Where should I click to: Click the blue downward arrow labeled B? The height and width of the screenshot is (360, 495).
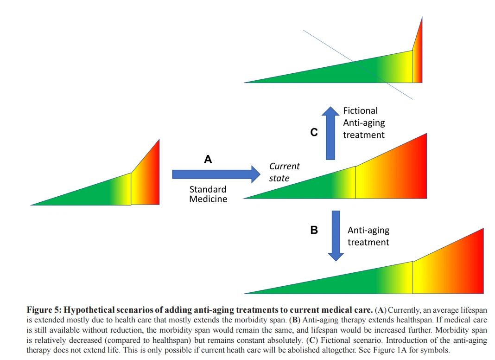pyautogui.click(x=336, y=235)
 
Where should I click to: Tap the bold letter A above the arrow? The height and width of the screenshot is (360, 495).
pyautogui.click(x=208, y=159)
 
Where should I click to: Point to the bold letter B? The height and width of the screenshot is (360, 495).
pyautogui.click(x=314, y=230)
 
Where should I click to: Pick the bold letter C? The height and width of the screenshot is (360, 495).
pyautogui.click(x=314, y=132)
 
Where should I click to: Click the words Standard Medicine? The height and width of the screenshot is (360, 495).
pyautogui.click(x=208, y=194)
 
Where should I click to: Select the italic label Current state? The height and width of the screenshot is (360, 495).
pyautogui.click(x=284, y=172)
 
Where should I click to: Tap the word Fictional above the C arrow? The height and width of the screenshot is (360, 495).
pyautogui.click(x=360, y=111)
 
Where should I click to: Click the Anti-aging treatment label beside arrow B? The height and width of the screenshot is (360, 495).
pyautogui.click(x=368, y=236)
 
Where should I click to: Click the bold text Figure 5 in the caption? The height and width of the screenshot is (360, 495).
pyautogui.click(x=44, y=309)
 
